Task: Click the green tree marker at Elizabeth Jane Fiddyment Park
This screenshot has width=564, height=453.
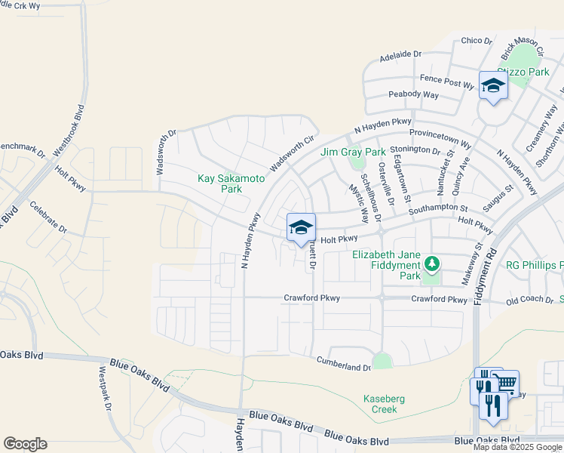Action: [431, 264]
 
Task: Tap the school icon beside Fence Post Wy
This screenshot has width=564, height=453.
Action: [493, 85]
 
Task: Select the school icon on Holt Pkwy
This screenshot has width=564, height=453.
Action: [301, 228]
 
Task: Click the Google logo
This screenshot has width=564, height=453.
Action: [25, 444]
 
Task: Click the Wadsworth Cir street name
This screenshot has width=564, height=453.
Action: [290, 153]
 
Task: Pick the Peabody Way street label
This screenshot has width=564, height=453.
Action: [413, 94]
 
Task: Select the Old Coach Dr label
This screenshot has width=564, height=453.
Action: [529, 300]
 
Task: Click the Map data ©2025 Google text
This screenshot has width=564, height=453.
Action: [518, 447]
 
